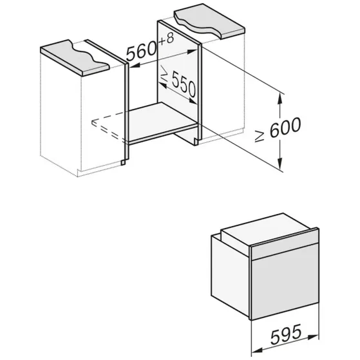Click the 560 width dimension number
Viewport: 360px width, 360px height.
coord(142,52)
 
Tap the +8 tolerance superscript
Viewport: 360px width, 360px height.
coord(166,39)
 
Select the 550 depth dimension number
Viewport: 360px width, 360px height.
coord(184,84)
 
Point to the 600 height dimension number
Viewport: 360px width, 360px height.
coord(285,128)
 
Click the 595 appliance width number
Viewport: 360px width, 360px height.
coord(286,334)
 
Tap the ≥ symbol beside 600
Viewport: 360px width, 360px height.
coord(260,137)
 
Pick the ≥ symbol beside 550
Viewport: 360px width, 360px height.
coord(164,73)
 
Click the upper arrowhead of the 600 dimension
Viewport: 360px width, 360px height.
coord(279,99)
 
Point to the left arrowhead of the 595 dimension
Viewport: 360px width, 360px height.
coord(258,350)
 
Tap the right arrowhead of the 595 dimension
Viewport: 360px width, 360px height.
coord(313,337)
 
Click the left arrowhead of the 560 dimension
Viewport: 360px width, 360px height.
coord(135,66)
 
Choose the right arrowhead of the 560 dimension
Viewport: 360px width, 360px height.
coord(193,52)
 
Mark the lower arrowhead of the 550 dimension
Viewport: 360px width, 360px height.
coord(193,101)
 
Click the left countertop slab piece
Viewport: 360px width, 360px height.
coord(75,57)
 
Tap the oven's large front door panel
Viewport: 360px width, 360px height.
coord(285,281)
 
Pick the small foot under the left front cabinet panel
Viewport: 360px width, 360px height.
coord(123,162)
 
